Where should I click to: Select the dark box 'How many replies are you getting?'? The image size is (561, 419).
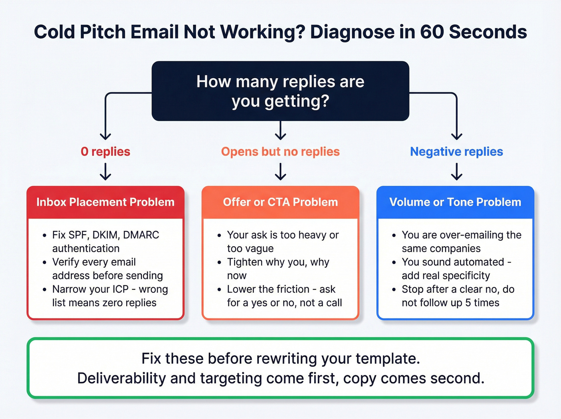coord(280,91)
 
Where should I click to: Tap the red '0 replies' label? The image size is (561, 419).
coord(105,152)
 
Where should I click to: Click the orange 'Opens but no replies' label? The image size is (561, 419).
coord(280,152)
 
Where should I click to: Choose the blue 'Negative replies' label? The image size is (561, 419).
coord(456,152)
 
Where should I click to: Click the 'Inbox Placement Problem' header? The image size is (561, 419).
coord(105,202)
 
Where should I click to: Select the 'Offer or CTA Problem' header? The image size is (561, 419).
coord(280,202)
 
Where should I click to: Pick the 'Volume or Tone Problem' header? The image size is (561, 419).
coord(455,202)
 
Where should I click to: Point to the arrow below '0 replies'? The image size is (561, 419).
coord(105,172)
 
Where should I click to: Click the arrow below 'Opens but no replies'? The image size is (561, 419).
coord(280,172)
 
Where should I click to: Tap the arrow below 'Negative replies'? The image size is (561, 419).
coord(456,172)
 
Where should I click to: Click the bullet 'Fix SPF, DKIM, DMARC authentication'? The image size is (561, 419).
coord(105,241)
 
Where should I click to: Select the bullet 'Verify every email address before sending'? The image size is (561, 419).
coord(107,269)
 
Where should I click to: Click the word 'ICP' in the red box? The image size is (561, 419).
coord(120,289)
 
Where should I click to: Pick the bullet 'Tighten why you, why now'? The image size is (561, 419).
coord(278,269)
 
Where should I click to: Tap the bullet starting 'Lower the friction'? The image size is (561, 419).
coord(284,296)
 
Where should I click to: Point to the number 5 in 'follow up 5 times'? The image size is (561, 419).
coord(468,303)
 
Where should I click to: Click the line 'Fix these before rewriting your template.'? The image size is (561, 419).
coord(280,358)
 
